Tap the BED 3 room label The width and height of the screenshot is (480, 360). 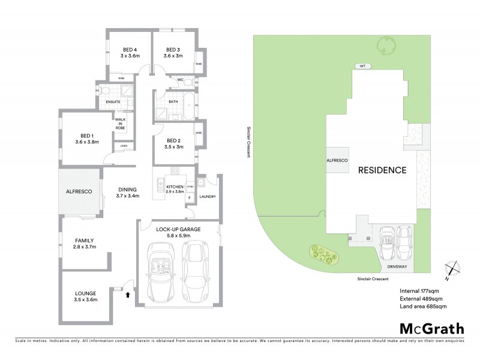click(173, 49)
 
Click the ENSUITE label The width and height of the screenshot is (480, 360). click(113, 102)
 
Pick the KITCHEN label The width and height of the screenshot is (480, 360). click(175, 188)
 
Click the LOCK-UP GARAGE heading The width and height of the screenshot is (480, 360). click(178, 230)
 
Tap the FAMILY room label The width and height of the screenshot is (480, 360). click(84, 243)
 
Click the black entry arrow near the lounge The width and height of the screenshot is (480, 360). click(127, 294)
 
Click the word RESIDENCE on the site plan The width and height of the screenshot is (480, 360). click(382, 170)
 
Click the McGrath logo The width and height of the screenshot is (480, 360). click(431, 328)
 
